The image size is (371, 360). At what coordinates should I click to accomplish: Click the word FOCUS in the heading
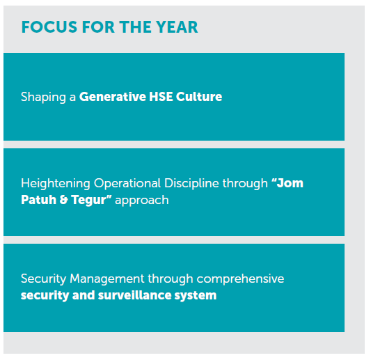coord(49,27)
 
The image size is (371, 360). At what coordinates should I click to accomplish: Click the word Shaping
coord(43,97)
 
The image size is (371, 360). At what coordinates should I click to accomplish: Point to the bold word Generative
coord(113,97)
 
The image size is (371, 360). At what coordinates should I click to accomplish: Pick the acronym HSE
coord(161,97)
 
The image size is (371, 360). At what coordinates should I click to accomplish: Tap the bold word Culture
coord(199,97)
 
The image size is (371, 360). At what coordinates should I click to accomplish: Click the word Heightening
coord(56,184)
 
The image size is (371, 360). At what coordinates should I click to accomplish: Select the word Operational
coord(127,183)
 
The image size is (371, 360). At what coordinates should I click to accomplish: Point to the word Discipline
coord(191,184)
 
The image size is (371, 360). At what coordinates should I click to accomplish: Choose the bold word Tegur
coord(88,201)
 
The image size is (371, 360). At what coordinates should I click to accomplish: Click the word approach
coord(142,201)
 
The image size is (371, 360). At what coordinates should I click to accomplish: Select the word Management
coord(107,279)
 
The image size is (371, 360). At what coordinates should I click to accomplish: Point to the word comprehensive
coord(240,279)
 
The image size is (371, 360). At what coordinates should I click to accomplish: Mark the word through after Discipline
coord(245,184)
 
